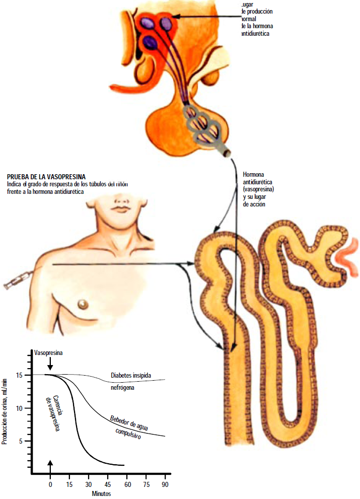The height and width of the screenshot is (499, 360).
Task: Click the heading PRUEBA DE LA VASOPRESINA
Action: (46, 177)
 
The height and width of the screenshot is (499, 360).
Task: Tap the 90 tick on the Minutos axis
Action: (165, 484)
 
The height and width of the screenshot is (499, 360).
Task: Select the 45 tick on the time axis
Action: (108, 484)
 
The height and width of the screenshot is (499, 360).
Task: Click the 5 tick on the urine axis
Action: (21, 441)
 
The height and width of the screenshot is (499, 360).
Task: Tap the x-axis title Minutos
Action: (101, 493)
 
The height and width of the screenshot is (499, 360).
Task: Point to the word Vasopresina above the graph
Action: (48, 353)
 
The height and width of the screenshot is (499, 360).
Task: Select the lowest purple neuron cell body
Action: (150, 42)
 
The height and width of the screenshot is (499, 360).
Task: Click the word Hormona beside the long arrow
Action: (254, 174)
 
